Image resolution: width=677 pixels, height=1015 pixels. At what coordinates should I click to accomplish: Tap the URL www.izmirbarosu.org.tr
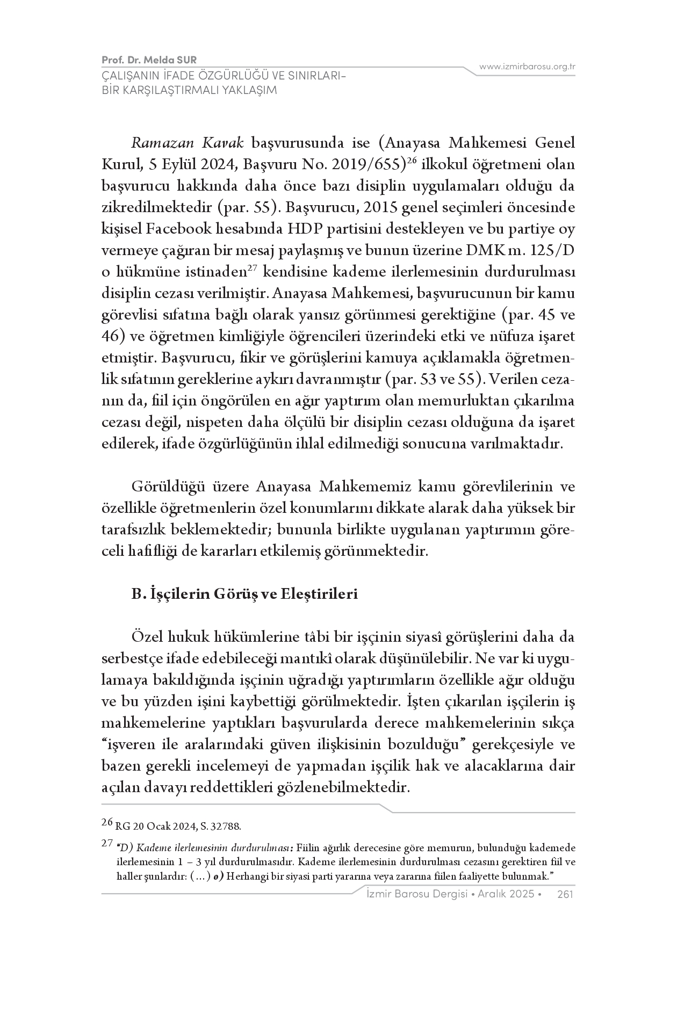tap(527, 67)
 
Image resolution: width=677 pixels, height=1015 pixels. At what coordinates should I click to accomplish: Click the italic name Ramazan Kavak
tap(188, 143)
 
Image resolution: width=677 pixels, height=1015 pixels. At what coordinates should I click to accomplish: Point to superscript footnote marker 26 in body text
tap(413, 161)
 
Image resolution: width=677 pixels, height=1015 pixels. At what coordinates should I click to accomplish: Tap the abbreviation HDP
tap(307, 229)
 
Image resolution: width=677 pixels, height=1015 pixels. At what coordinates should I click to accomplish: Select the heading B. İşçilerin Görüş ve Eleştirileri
tap(244, 595)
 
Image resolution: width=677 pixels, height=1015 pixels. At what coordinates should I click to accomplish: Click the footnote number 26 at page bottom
tap(107, 822)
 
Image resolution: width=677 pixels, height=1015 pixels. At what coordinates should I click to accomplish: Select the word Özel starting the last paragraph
tap(146, 637)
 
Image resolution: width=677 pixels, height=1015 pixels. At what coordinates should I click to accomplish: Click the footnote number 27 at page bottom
tap(107, 844)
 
